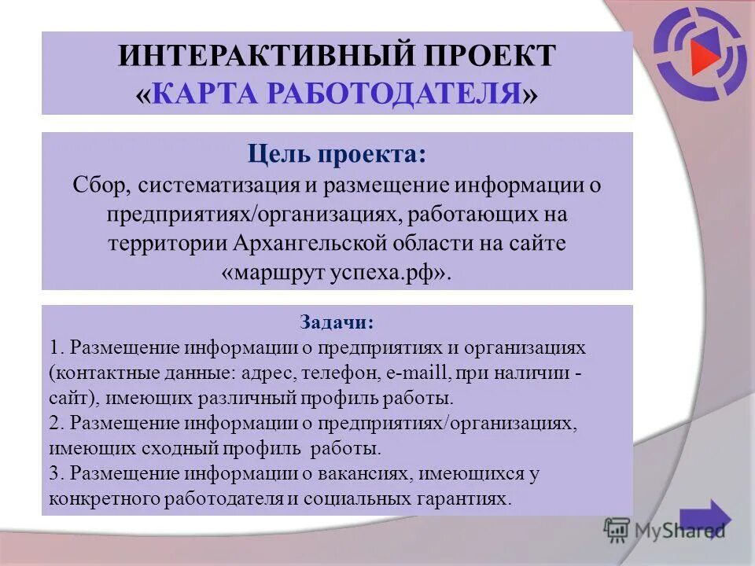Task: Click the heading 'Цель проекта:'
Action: [x=337, y=154]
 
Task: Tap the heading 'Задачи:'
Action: [x=337, y=322]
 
